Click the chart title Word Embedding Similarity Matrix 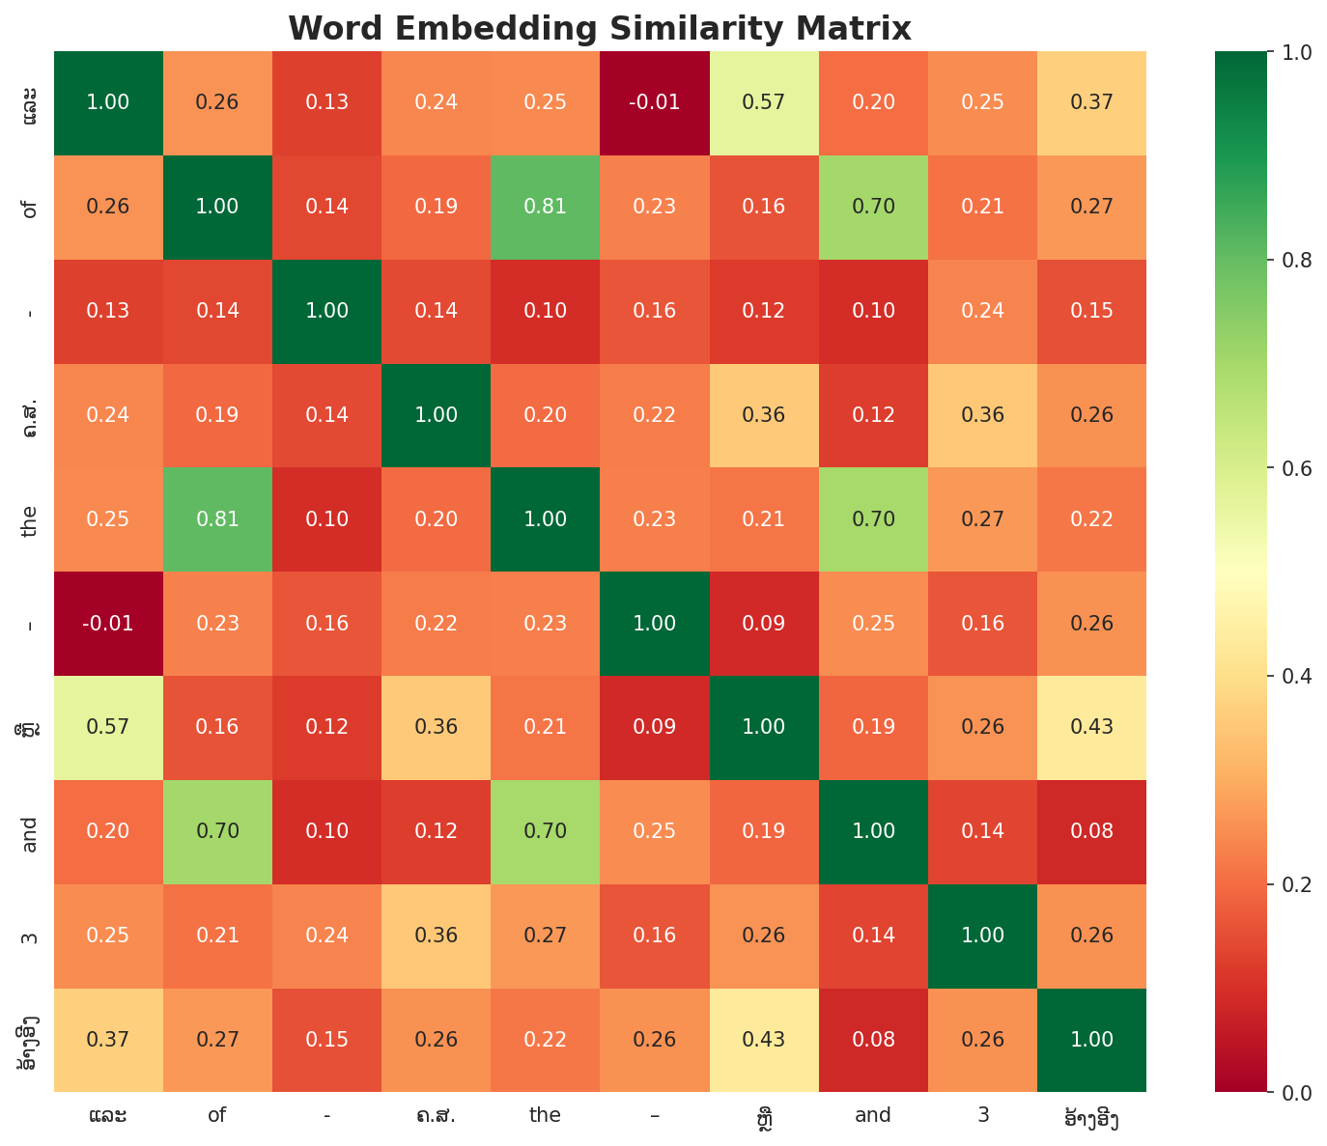[x=599, y=28]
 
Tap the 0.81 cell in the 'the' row [x=216, y=519]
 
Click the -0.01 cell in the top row [x=654, y=102]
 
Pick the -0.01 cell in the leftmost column [x=107, y=624]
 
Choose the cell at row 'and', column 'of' [x=216, y=831]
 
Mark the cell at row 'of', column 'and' [x=873, y=207]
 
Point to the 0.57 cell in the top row [x=764, y=102]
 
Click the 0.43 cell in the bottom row [x=764, y=1040]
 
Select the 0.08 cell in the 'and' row [x=1091, y=831]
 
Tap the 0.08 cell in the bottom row [x=873, y=1040]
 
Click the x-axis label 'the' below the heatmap [x=545, y=1115]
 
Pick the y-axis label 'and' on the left [x=30, y=831]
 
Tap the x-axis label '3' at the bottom [x=982, y=1115]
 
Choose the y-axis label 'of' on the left [x=30, y=207]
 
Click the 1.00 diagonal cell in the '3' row [x=982, y=936]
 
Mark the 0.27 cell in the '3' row [x=545, y=936]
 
